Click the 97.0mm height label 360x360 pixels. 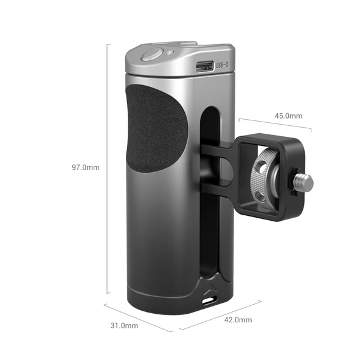coord(86,166)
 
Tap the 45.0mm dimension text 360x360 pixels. coord(288,116)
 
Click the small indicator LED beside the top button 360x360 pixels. coord(168,54)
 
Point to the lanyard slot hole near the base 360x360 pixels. coord(209,300)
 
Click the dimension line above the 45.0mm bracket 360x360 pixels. coord(274,123)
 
